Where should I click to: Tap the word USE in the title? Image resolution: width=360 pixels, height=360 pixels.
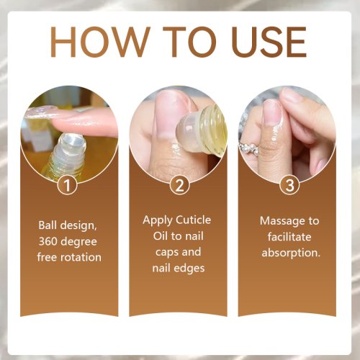tap(269, 42)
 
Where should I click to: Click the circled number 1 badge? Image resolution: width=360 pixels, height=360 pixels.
tap(67, 185)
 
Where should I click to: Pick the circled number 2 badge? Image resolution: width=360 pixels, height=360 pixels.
tap(179, 185)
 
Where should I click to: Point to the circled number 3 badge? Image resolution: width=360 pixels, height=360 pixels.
tap(289, 185)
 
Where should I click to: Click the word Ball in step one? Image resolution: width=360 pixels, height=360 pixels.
tap(47, 225)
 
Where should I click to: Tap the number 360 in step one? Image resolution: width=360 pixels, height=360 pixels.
tap(48, 241)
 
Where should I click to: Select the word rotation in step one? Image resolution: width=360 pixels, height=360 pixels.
tap(81, 257)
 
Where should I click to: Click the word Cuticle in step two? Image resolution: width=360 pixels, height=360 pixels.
tap(194, 220)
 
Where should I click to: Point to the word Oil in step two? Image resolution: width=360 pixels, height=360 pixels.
tap(161, 236)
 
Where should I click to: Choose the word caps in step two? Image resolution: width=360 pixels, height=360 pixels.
tap(166, 253)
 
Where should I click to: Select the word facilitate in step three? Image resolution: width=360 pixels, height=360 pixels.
tap(289, 237)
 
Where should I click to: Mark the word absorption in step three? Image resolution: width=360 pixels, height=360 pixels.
tap(291, 253)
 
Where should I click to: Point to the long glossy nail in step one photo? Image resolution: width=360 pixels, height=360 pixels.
tap(41, 112)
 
